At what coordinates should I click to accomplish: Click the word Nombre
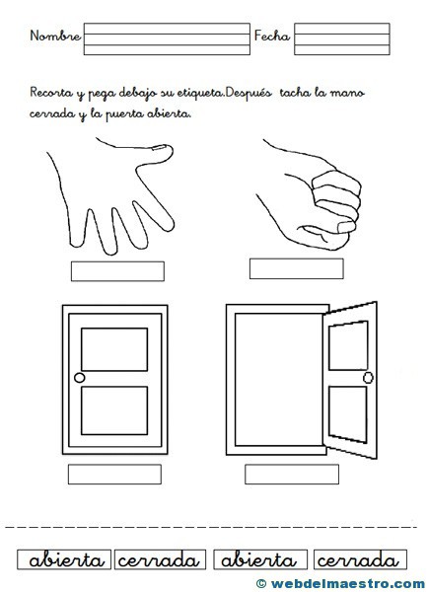pos(55,36)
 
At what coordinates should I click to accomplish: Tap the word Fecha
pos(272,36)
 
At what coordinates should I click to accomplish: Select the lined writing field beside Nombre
pos(167,38)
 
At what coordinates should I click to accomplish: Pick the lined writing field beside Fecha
pos(342,38)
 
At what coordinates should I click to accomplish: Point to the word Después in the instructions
pos(249,94)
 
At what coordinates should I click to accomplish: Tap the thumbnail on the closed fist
pos(346,227)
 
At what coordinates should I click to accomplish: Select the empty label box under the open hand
pos(117,271)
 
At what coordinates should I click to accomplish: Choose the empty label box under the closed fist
pos(296,268)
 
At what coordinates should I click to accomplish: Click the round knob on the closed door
pos(80,378)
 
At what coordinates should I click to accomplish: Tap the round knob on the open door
pos(368,378)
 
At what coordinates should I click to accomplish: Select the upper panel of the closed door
pos(114,349)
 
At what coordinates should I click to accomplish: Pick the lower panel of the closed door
pos(114,410)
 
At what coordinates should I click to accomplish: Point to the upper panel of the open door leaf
pos(348,345)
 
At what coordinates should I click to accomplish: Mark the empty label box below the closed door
pos(114,475)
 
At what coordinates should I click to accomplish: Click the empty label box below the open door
pos(292,475)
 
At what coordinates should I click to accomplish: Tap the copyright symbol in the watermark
pos(261,583)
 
